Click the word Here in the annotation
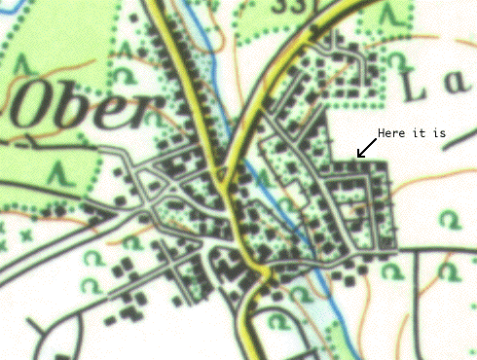(x=392, y=133)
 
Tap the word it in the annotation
(x=420, y=133)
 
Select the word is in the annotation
(x=439, y=133)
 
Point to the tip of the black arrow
(x=357, y=157)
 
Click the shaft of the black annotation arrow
(x=366, y=148)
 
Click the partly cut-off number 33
(x=311, y=5)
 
